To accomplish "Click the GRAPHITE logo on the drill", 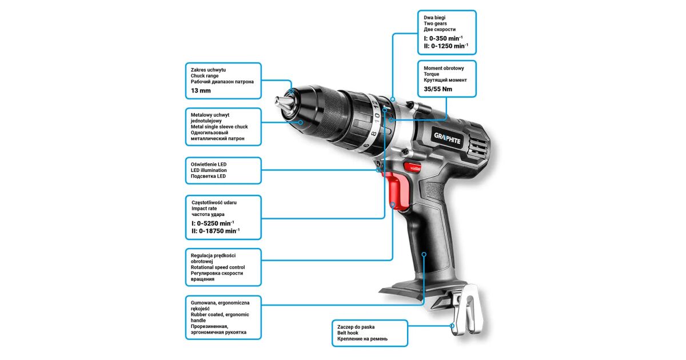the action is click(447, 139).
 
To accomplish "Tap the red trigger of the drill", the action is click(397, 190).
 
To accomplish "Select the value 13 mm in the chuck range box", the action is click(201, 91).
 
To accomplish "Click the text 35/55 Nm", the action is click(438, 89).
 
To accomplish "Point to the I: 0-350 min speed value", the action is click(443, 38).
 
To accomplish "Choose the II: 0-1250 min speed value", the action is click(446, 46).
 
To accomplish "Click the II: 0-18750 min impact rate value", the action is click(216, 231).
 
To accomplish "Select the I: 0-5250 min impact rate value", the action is click(213, 223).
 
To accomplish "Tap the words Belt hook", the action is click(348, 333).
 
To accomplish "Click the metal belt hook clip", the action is click(467, 309).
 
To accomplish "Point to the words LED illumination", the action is click(209, 170).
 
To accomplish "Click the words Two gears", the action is click(435, 23).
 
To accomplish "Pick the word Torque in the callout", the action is click(431, 74).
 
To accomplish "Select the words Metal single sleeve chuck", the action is click(220, 127).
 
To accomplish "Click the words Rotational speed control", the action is click(218, 267).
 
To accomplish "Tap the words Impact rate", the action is click(204, 209).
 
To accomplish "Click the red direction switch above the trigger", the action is click(412, 167).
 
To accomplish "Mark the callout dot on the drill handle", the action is click(424, 254).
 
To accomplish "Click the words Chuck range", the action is click(205, 76).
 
